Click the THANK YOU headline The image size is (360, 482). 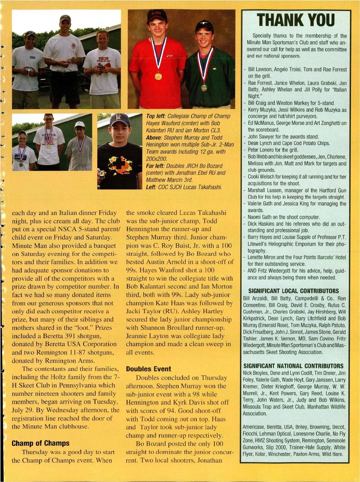point(295,20)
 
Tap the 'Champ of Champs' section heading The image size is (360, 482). point(40,443)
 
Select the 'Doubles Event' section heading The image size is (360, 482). point(148,369)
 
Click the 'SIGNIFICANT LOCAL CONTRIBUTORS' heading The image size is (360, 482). point(294,291)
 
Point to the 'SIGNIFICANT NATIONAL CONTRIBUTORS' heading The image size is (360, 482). point(293,366)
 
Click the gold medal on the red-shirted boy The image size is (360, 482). point(158,76)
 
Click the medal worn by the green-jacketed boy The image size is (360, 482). point(204,88)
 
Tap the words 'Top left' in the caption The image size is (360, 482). point(155,116)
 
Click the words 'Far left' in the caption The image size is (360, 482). point(155,166)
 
